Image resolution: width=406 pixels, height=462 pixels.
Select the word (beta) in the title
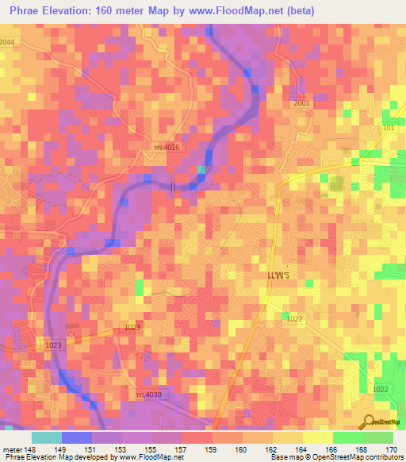[298, 11]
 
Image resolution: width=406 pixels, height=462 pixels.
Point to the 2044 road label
[7, 41]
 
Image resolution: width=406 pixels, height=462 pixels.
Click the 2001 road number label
[301, 103]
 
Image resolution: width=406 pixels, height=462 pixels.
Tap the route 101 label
[388, 127]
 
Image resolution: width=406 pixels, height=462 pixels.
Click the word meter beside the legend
[11, 449]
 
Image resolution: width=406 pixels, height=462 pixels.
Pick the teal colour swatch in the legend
[46, 437]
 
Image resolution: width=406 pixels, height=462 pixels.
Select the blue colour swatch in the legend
[76, 437]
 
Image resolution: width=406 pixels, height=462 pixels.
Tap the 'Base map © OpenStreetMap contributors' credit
[336, 457]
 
